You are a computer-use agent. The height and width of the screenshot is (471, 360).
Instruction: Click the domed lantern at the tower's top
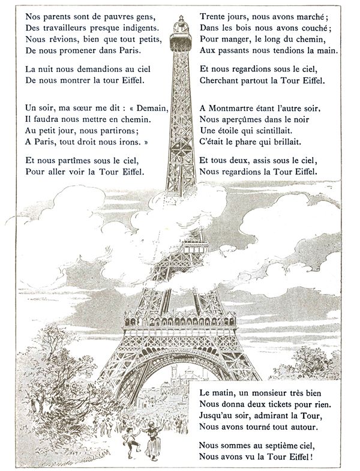click(179, 27)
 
